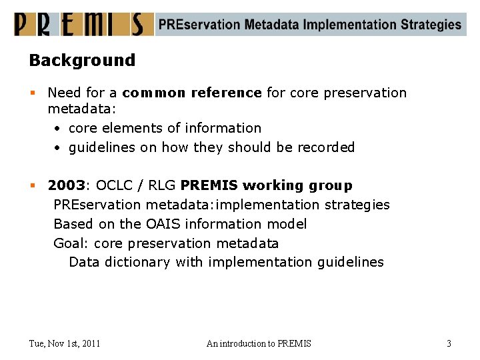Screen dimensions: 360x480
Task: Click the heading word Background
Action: click(x=82, y=60)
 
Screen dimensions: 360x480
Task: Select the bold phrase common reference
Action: click(x=192, y=93)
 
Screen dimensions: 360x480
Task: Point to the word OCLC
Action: click(x=115, y=185)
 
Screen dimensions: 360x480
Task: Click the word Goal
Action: click(x=70, y=243)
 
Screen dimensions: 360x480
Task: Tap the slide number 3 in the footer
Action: click(x=449, y=343)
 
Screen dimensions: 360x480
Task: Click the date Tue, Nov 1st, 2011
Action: click(x=65, y=343)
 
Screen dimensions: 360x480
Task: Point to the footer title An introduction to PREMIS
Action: click(x=259, y=343)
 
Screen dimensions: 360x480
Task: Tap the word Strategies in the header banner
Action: click(x=431, y=25)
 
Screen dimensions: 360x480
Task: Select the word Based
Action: click(x=72, y=224)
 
